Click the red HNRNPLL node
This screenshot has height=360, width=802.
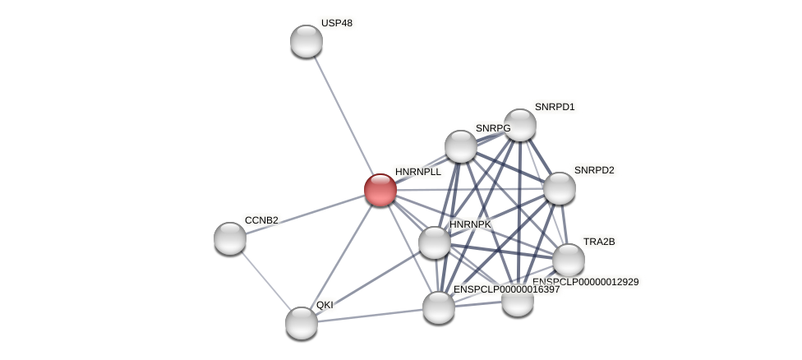(380, 190)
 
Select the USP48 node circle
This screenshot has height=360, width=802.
(307, 41)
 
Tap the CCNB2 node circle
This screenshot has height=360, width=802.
(230, 238)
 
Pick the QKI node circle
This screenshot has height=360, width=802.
(302, 322)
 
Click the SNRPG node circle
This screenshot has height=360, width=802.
(461, 146)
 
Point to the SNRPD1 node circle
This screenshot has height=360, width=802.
(520, 125)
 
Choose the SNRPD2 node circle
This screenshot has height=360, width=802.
(560, 188)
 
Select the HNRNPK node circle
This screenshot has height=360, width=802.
(435, 242)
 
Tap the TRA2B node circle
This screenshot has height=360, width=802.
(569, 260)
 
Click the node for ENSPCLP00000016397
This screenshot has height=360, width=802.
(439, 307)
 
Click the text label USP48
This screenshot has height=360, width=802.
(337, 23)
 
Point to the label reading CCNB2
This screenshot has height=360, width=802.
(261, 220)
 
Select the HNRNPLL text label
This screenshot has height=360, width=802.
(418, 172)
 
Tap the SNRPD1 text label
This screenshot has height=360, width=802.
(555, 107)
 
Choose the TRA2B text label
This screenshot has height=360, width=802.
(599, 242)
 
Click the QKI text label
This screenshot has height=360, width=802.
(325, 305)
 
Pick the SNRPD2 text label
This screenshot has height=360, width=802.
(594, 170)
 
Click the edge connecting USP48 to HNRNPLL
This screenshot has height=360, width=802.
(343, 115)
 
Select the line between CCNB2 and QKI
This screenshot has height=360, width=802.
(265, 280)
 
